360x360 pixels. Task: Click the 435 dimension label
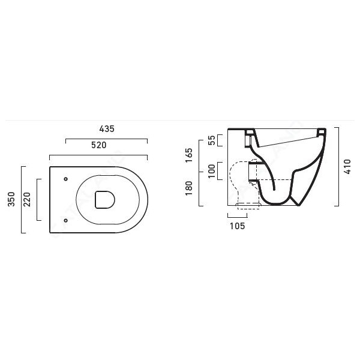point(107,129)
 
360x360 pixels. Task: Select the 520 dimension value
point(99,145)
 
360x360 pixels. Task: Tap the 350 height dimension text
point(11,199)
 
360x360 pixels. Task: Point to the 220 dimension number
point(27,199)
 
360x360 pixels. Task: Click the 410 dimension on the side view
point(347,167)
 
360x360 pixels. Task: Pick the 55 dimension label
point(212,140)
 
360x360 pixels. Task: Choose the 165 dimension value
point(189,155)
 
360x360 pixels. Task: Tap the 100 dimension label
point(212,171)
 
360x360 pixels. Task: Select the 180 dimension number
point(189,188)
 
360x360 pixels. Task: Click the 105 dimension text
point(238,226)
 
